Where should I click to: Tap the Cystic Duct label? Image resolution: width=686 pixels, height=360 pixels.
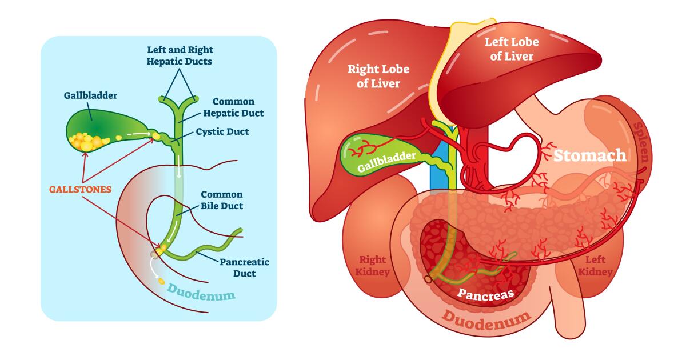pyautogui.click(x=222, y=131)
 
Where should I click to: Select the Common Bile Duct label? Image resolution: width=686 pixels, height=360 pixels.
pyautogui.click(x=222, y=200)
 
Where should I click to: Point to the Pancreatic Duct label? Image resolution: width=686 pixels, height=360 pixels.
pyautogui.click(x=244, y=267)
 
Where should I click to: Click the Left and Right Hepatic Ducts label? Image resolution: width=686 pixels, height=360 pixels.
pyautogui.click(x=180, y=55)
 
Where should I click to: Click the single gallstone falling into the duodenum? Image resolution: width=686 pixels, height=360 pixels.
pyautogui.click(x=161, y=282)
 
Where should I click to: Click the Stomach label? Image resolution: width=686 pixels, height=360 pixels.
pyautogui.click(x=591, y=155)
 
